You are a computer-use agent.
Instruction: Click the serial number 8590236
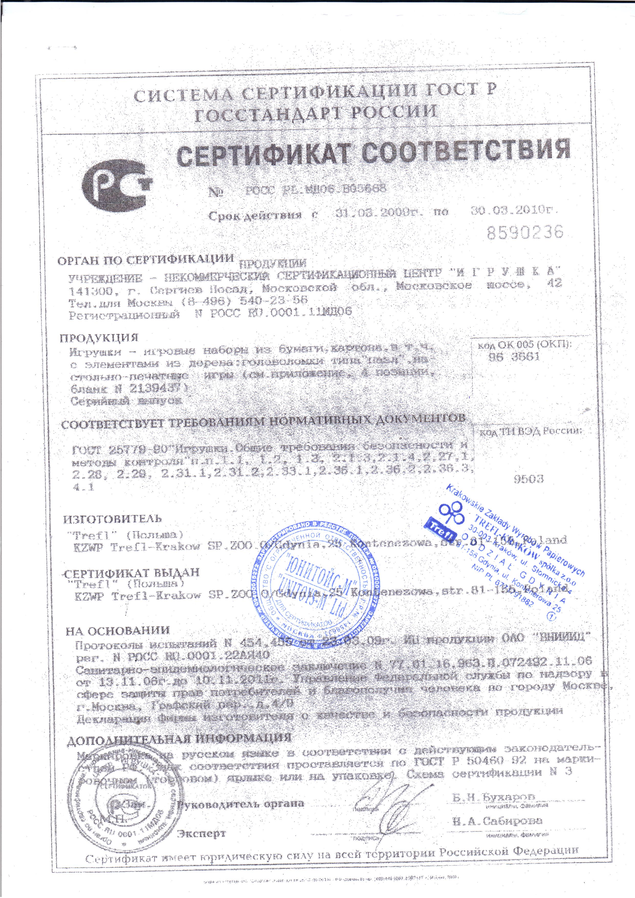point(525,232)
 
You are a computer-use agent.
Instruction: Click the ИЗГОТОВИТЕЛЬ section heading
point(113,519)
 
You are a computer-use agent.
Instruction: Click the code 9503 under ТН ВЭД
point(528,479)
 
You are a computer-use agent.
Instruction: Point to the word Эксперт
point(202,832)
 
